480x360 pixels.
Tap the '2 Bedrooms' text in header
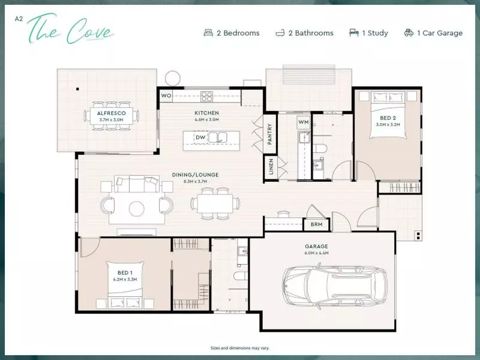[238, 33]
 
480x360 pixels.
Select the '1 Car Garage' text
[442, 33]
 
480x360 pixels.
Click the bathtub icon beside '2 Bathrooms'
[280, 33]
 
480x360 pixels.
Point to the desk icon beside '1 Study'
[354, 33]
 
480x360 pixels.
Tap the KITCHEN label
[206, 113]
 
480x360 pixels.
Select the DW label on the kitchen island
[200, 137]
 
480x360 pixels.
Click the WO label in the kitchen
[166, 95]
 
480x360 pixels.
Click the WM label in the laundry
[303, 122]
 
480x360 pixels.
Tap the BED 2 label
[388, 118]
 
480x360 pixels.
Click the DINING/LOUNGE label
[196, 175]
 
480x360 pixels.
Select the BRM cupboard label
[316, 225]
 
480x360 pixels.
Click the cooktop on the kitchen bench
[207, 95]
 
